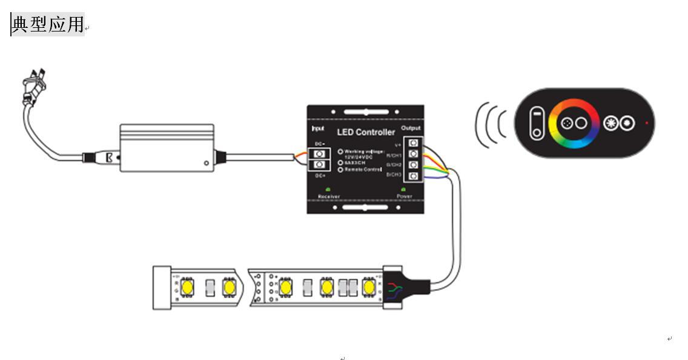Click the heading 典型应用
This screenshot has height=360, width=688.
47,24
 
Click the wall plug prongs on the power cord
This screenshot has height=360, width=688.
34,84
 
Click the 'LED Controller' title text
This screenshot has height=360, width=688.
365,132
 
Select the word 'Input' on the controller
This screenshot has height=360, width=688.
318,128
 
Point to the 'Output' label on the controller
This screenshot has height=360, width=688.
411,128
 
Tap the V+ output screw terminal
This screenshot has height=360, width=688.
414,143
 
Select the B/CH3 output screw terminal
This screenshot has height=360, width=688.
414,176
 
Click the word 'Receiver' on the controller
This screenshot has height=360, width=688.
329,196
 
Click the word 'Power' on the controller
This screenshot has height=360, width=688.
405,196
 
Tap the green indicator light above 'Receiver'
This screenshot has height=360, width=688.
328,189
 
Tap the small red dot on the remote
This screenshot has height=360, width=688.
647,123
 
